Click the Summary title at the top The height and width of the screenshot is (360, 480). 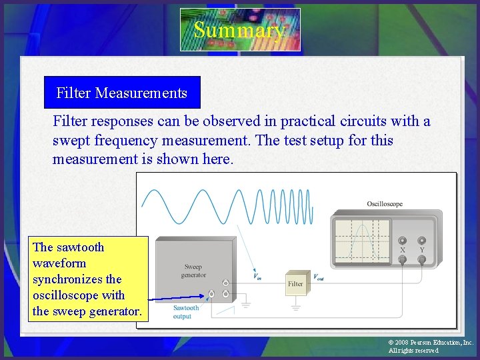pos(240,30)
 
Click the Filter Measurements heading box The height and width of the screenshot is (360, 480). pos(122,93)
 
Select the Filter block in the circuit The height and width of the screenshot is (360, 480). pos(295,283)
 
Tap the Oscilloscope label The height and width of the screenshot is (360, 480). pos(385,203)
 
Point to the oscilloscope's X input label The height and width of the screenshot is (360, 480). pos(402,250)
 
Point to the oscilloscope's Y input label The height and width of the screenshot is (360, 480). pos(422,250)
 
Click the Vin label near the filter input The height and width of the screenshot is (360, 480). pos(257,277)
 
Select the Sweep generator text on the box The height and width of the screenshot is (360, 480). pos(193,271)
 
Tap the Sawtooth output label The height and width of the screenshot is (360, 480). pos(186,312)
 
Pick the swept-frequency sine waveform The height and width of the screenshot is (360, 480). pos(227,206)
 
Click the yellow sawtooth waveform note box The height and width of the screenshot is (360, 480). pos(87,279)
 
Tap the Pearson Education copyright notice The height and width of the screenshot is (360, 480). pos(430,346)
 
